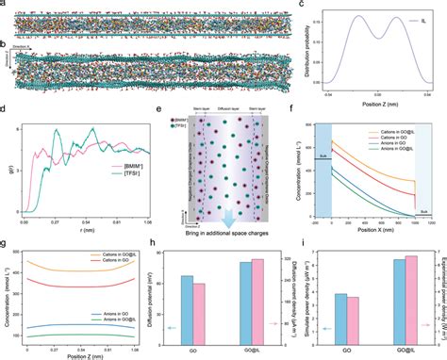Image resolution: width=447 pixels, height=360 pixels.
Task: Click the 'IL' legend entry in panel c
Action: [417, 21]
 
